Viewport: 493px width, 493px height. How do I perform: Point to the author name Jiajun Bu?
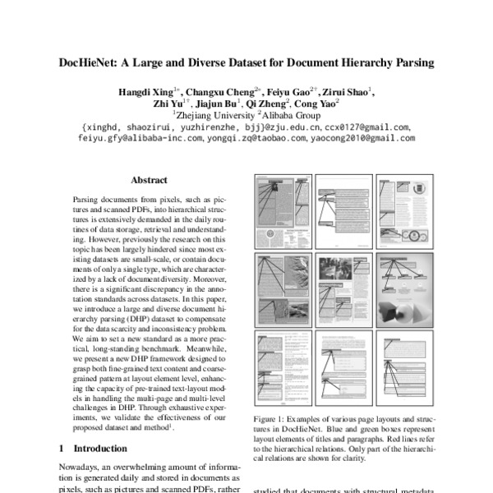click(x=218, y=104)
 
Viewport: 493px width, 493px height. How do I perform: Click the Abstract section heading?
click(x=149, y=180)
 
